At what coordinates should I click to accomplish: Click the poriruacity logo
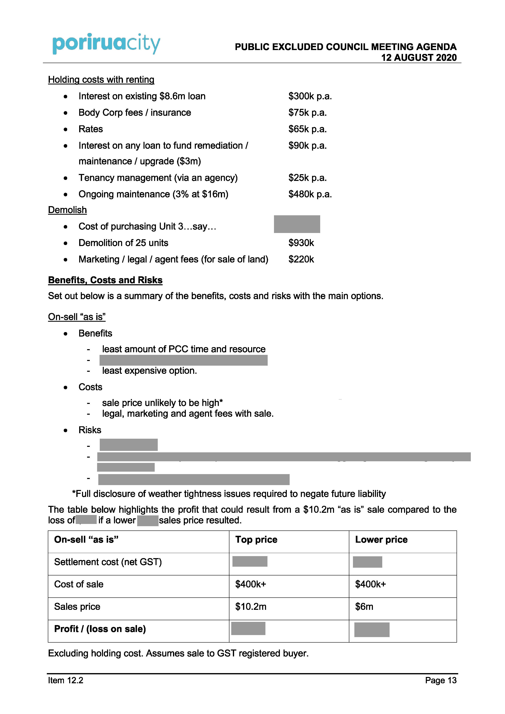(106, 44)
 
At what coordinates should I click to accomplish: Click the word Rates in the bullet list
(91, 129)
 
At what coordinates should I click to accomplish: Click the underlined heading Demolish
(67, 210)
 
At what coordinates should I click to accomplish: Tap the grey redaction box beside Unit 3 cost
(297, 224)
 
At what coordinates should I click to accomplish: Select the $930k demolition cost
(301, 243)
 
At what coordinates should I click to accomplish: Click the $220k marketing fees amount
(301, 259)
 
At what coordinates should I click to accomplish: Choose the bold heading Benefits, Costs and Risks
(105, 280)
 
